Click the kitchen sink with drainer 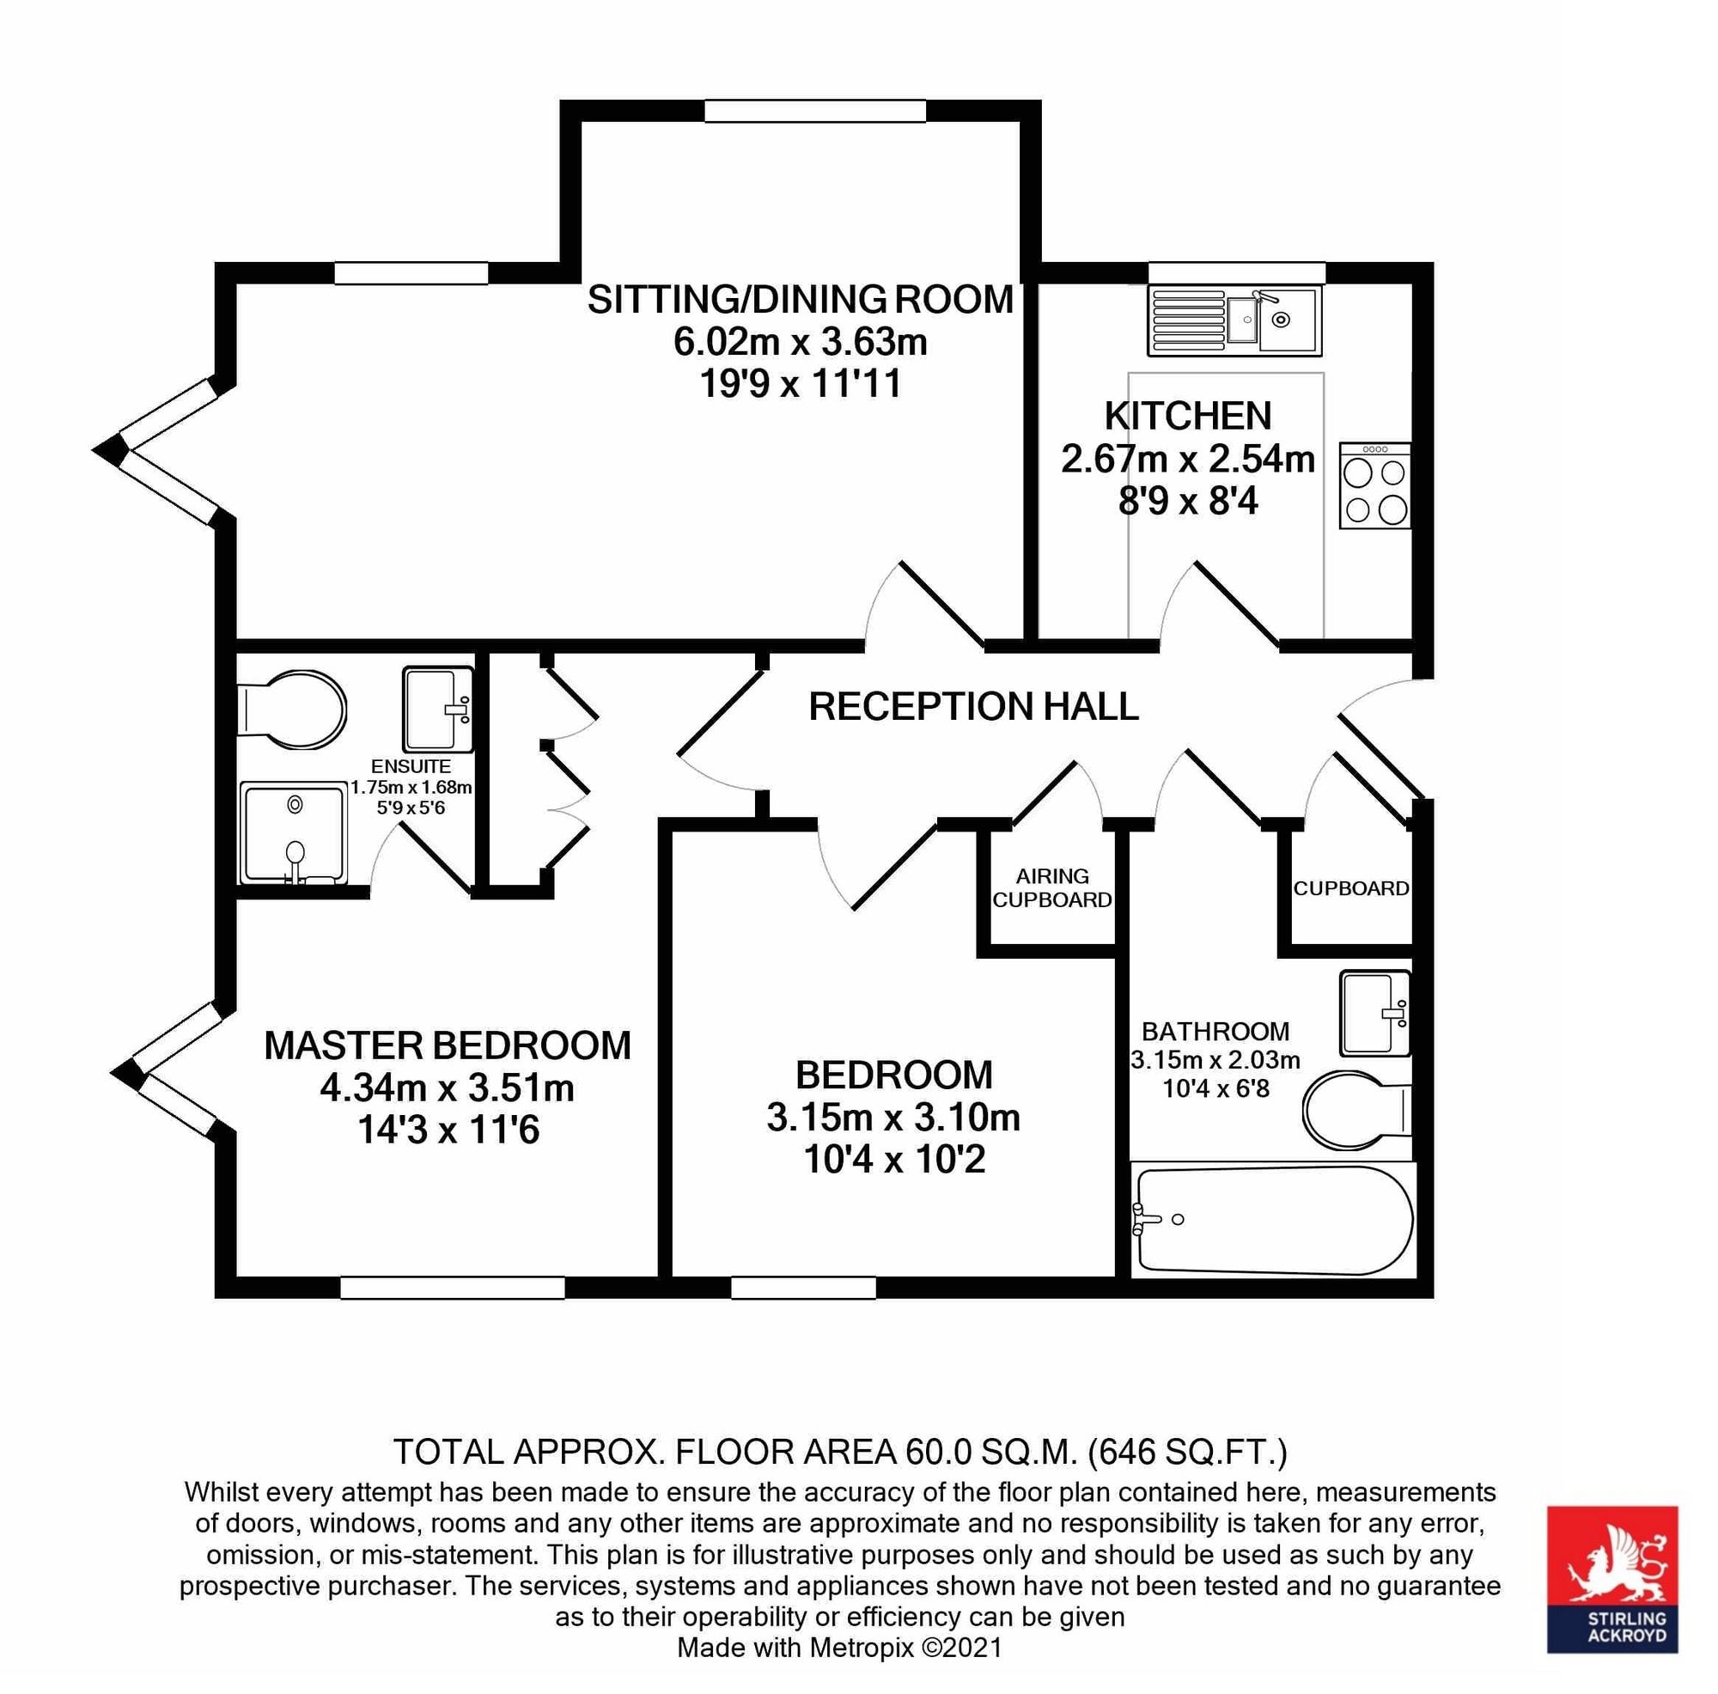pos(1234,320)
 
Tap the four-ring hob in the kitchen pos(1374,485)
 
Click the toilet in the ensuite pos(292,710)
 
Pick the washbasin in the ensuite pos(437,709)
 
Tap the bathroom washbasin pos(1375,1013)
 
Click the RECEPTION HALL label pos(974,707)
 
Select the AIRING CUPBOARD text pos(1052,887)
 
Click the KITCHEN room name pos(1188,415)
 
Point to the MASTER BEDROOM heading pos(448,1045)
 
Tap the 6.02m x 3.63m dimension pos(801,342)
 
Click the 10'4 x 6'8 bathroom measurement pos(1215,1088)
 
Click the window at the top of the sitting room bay pos(815,111)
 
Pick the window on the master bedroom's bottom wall pos(453,1287)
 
